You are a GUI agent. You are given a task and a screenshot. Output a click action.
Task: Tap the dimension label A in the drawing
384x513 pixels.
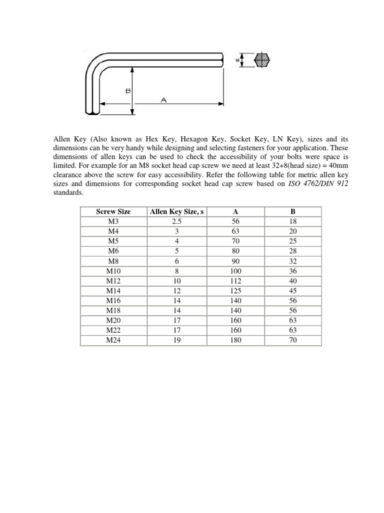point(163,100)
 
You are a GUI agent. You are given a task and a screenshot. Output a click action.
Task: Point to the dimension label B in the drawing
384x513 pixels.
point(128,91)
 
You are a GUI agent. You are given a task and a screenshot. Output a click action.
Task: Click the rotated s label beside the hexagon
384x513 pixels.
point(236,61)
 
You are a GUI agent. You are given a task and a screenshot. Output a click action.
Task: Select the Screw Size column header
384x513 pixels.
point(113,212)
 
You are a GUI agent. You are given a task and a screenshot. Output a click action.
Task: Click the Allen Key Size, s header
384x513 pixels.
point(176,212)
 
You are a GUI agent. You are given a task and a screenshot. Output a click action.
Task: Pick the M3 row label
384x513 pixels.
point(113,221)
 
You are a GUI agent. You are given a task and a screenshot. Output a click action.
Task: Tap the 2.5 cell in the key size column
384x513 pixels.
point(176,221)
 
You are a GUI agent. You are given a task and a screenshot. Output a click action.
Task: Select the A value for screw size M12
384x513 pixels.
point(236,281)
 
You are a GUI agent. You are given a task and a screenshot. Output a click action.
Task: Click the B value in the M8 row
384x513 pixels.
point(293,261)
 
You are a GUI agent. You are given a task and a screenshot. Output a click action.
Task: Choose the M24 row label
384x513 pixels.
point(113,340)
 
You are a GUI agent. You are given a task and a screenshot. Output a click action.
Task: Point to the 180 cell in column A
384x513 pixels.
point(236,340)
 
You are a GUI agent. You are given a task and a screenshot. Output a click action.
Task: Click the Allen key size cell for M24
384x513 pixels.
point(176,340)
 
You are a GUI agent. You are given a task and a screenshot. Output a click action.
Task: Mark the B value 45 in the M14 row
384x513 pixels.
point(293,291)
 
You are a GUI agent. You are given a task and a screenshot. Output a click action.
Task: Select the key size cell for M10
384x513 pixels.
point(176,271)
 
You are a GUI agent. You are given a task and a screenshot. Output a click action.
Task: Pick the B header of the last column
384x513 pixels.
point(293,212)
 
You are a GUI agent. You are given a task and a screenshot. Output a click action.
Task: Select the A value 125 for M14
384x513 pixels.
point(236,291)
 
